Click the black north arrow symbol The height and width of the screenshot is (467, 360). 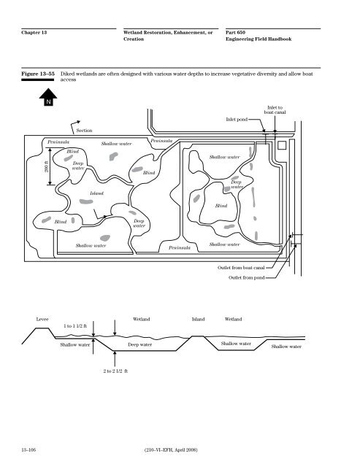click(x=48, y=97)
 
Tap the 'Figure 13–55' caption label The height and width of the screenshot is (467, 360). click(x=38, y=74)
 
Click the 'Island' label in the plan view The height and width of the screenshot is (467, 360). click(x=96, y=193)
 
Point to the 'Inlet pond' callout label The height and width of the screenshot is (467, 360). click(x=237, y=120)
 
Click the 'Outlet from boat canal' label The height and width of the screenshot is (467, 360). click(x=241, y=268)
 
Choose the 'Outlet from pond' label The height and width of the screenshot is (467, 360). click(x=247, y=277)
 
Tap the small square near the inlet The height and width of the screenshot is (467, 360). click(x=282, y=145)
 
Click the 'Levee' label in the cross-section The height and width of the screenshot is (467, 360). click(x=42, y=320)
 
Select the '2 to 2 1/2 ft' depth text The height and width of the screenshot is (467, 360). click(x=115, y=371)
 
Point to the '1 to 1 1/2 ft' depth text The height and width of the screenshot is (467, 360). click(x=75, y=326)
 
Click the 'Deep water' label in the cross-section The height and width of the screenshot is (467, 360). click(x=139, y=344)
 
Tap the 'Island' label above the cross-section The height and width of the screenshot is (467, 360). click(x=198, y=320)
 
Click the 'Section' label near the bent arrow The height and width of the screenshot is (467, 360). click(x=84, y=131)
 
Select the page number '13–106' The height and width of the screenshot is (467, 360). click(x=28, y=449)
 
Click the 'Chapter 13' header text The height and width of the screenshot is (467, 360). click(x=34, y=32)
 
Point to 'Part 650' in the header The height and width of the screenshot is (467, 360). click(x=235, y=32)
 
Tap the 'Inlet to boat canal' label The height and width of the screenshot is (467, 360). click(x=275, y=110)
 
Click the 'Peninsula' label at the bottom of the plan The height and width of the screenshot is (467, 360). click(x=180, y=248)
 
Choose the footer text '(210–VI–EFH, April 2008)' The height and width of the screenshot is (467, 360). click(x=171, y=449)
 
